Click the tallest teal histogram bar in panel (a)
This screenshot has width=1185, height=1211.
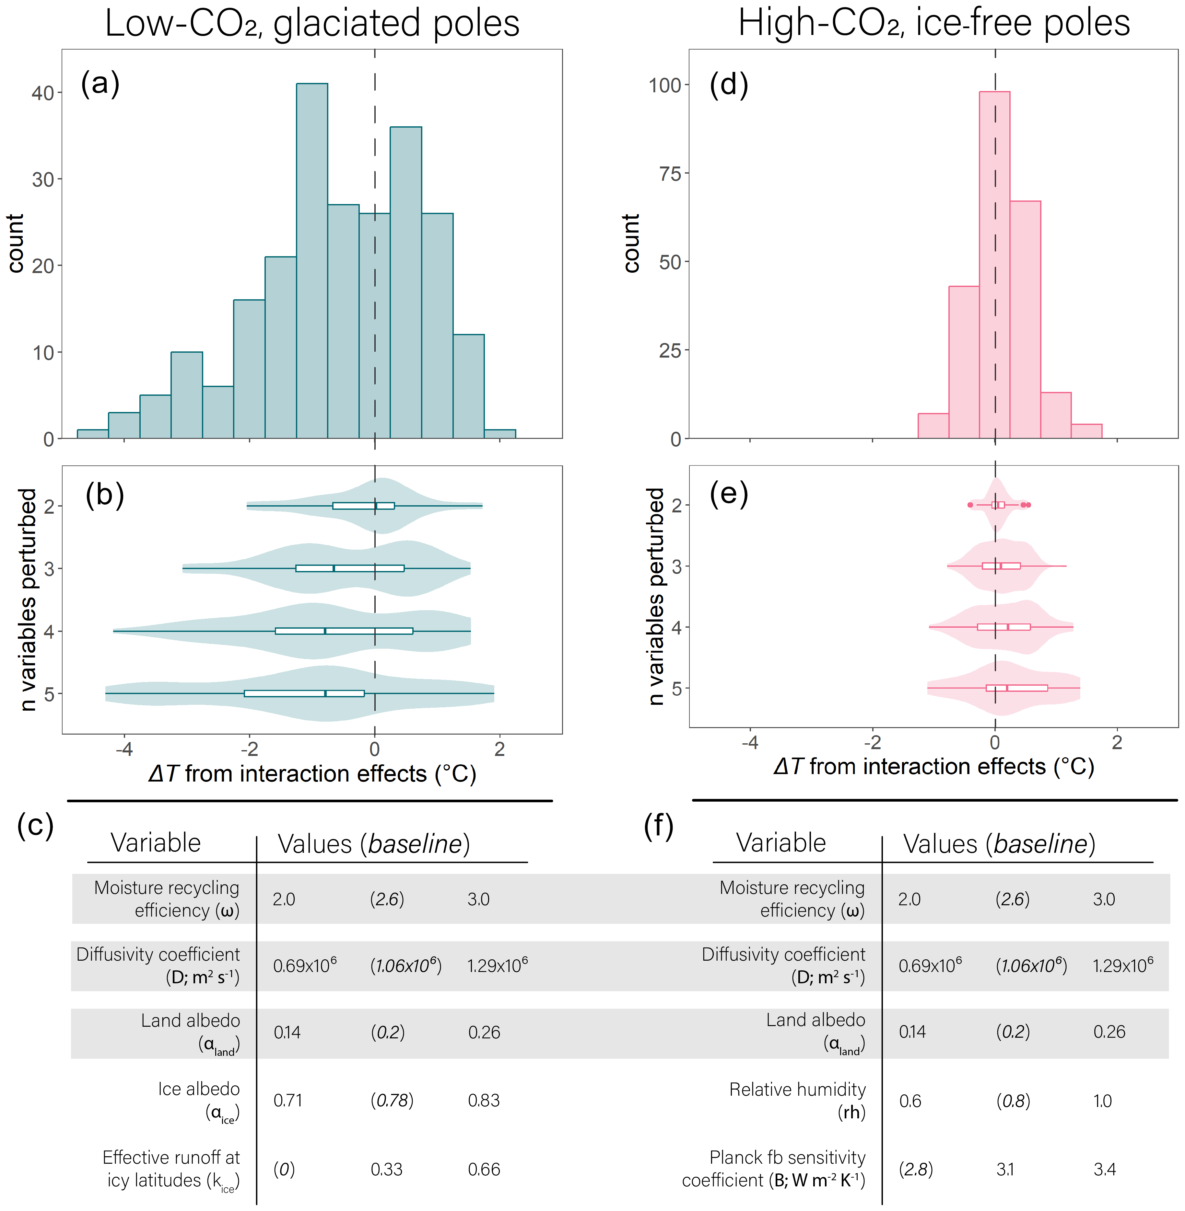[312, 261]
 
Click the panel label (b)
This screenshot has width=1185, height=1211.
[105, 495]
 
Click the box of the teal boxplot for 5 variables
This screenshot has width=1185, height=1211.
[304, 693]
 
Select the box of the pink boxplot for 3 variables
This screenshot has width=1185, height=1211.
[1001, 566]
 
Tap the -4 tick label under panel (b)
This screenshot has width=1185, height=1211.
[124, 749]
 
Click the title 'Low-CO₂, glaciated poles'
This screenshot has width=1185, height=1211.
[312, 24]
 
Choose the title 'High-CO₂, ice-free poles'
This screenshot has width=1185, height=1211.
[933, 24]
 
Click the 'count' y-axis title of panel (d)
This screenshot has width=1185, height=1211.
[631, 243]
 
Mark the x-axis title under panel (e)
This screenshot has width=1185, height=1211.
[933, 767]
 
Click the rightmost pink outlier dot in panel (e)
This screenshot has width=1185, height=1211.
[1028, 505]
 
